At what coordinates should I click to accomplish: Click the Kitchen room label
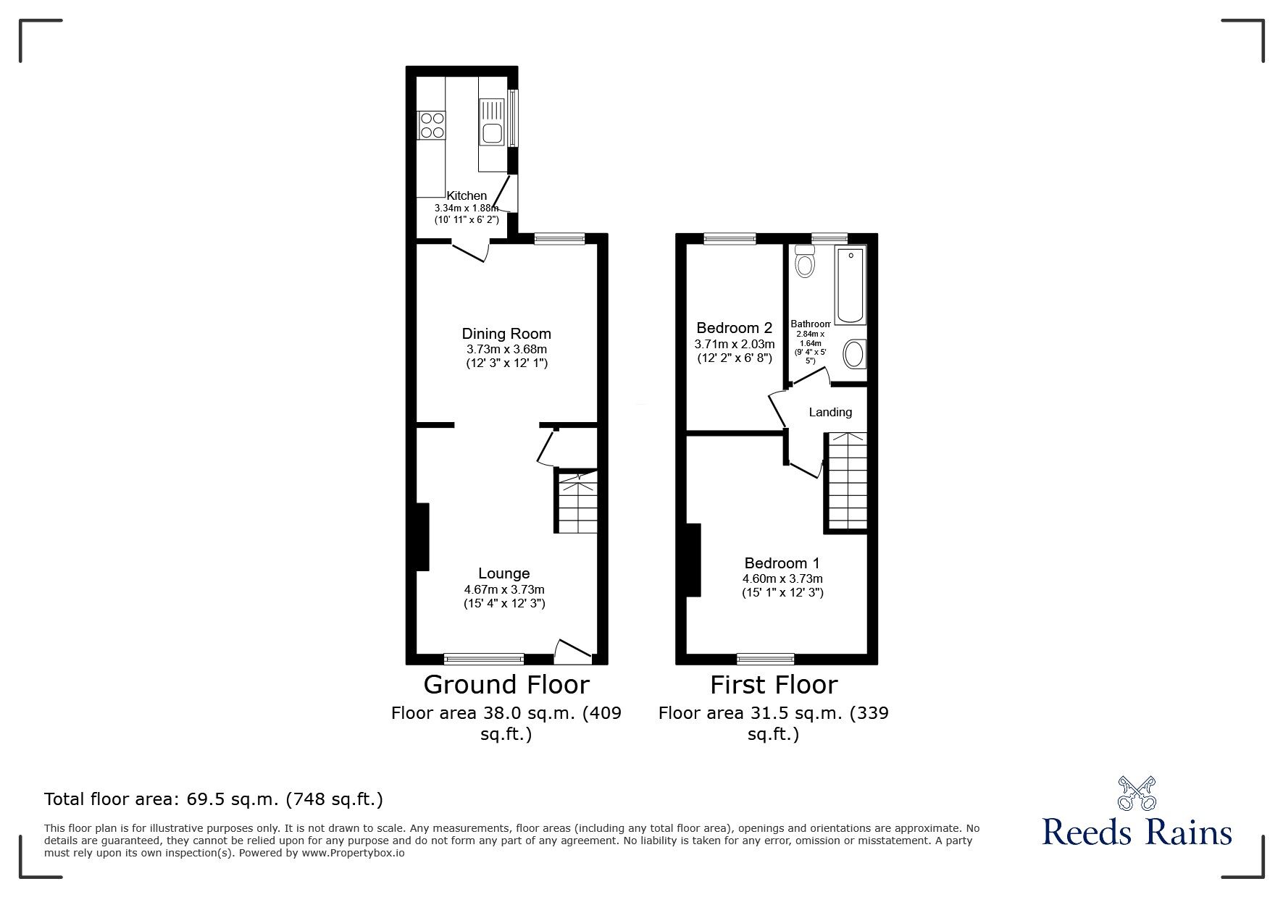click(467, 195)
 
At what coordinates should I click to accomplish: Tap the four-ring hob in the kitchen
click(431, 124)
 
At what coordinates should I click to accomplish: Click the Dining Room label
click(506, 334)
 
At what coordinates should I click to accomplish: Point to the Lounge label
click(504, 574)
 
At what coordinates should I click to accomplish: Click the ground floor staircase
click(577, 501)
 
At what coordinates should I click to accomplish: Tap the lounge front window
click(484, 658)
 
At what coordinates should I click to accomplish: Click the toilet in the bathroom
click(804, 261)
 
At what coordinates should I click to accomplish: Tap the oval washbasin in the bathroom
click(855, 355)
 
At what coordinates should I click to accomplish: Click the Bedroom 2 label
click(735, 328)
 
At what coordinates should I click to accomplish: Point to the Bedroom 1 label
click(782, 563)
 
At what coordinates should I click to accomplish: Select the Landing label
click(830, 412)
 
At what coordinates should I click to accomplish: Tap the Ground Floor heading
click(506, 685)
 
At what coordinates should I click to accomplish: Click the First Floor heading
click(774, 685)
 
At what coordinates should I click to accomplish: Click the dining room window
click(559, 239)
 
